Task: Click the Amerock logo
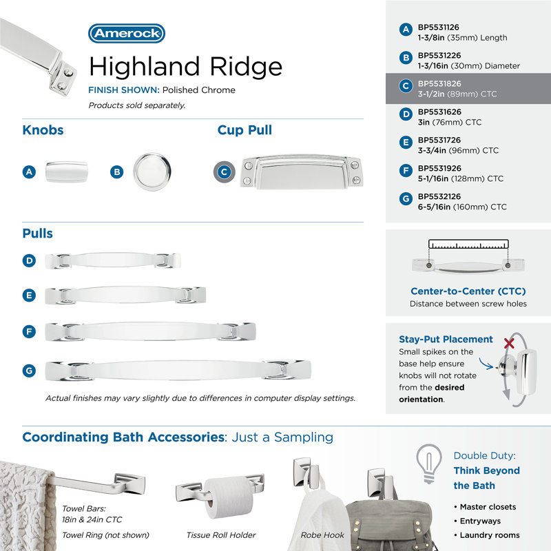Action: coord(127,33)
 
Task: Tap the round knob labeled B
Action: coord(152,171)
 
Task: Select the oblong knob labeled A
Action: coord(66,171)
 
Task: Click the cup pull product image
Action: coord(302,171)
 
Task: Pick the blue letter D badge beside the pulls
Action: coord(29,261)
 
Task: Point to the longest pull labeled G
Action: coord(178,370)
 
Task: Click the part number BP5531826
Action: coord(439,83)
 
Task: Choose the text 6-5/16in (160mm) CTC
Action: coord(462,207)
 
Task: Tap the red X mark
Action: coord(509,343)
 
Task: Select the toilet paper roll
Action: coord(229,497)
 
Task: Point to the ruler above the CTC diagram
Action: coord(468,245)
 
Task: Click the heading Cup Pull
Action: coord(245,130)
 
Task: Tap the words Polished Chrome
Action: coord(199,90)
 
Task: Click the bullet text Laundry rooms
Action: coord(490,535)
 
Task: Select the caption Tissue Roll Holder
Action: coord(221,535)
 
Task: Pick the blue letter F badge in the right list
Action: coord(406,171)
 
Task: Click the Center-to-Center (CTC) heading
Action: coord(468,291)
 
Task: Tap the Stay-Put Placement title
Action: coord(446,339)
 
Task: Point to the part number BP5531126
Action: coord(439,27)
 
